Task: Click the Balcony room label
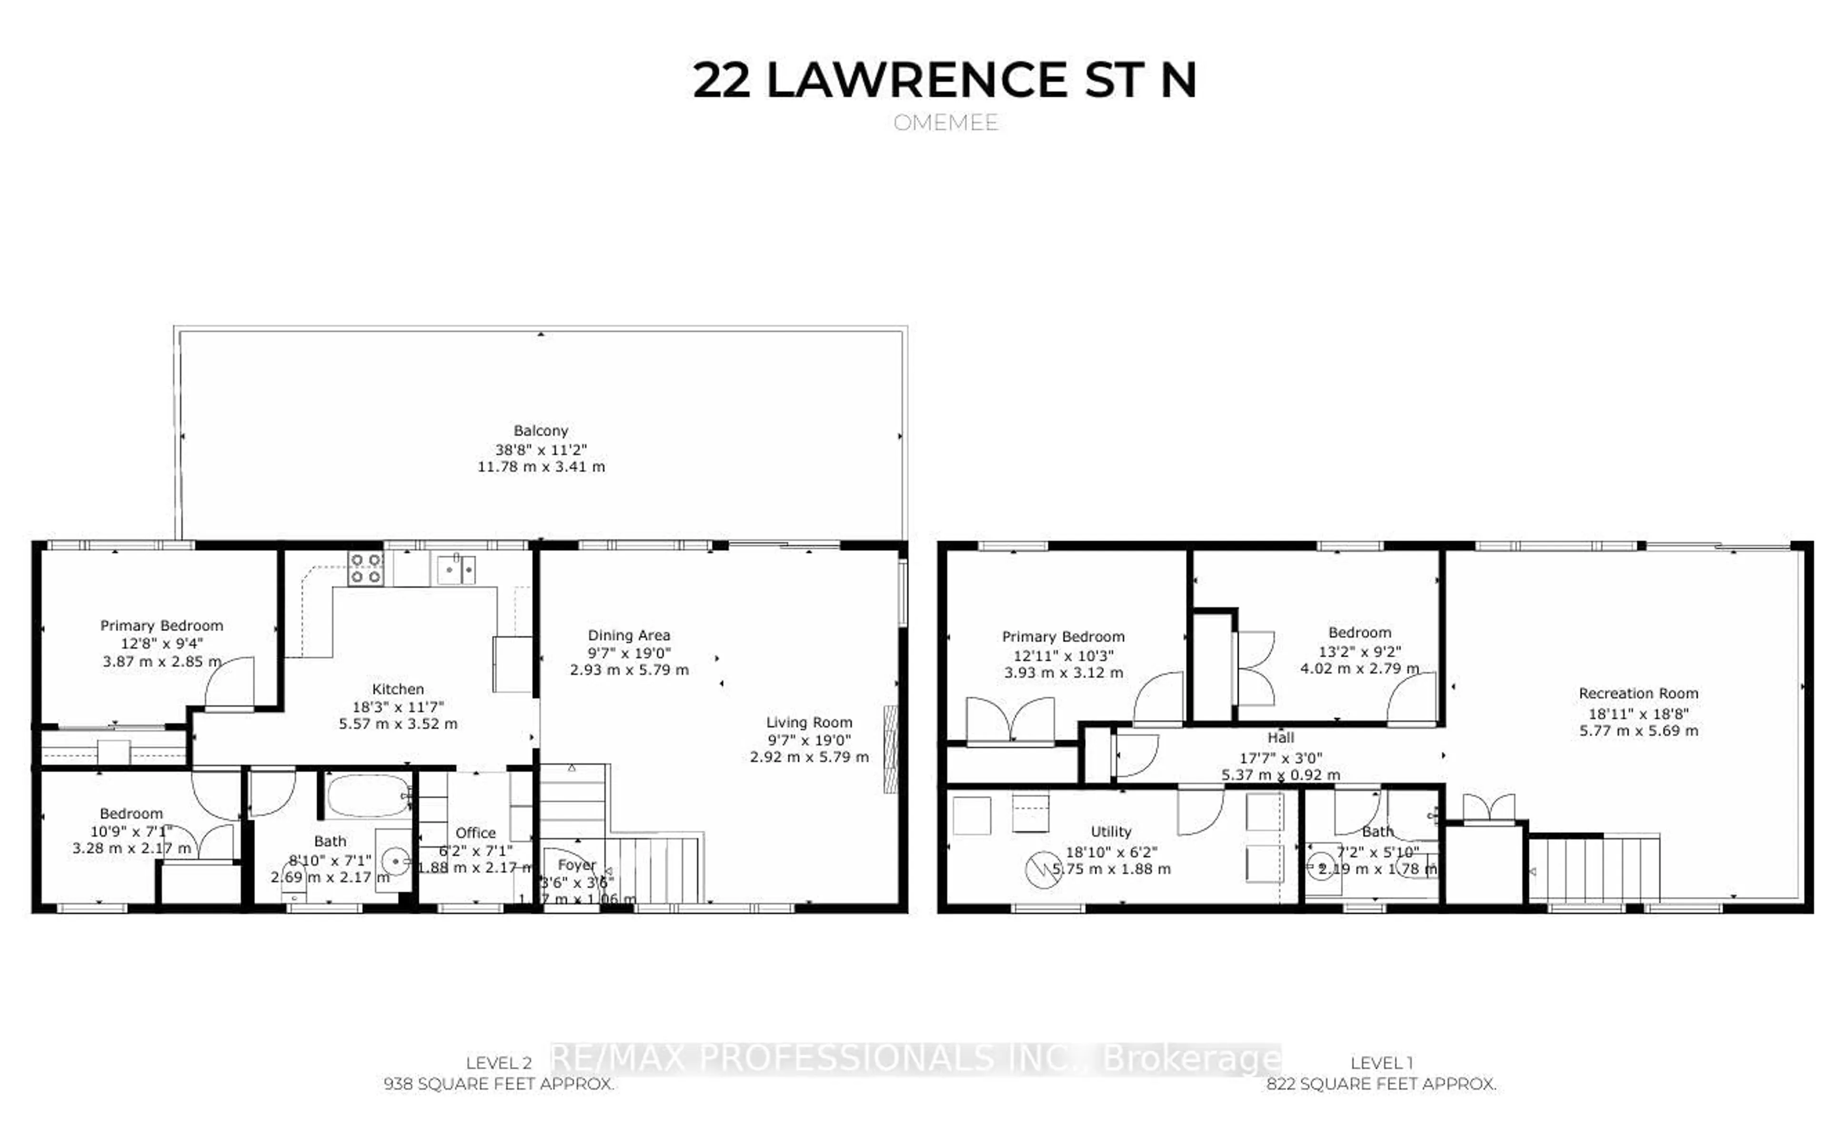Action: (541, 431)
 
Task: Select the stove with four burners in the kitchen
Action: (365, 568)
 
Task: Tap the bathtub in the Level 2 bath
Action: (368, 795)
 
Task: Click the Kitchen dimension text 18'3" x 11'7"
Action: (398, 706)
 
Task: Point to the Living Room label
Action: (809, 722)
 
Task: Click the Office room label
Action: (475, 833)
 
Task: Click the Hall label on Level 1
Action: (1280, 737)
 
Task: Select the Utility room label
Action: (1110, 832)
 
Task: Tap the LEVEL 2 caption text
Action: (498, 1063)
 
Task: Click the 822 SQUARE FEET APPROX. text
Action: (1381, 1085)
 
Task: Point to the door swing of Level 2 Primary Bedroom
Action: (230, 682)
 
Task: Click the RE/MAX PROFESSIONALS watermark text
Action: (915, 1058)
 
